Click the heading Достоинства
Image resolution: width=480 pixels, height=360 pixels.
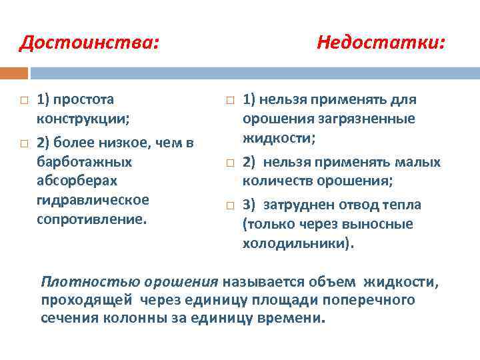pyautogui.click(x=89, y=43)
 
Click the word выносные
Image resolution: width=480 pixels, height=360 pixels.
pyautogui.click(x=385, y=224)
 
